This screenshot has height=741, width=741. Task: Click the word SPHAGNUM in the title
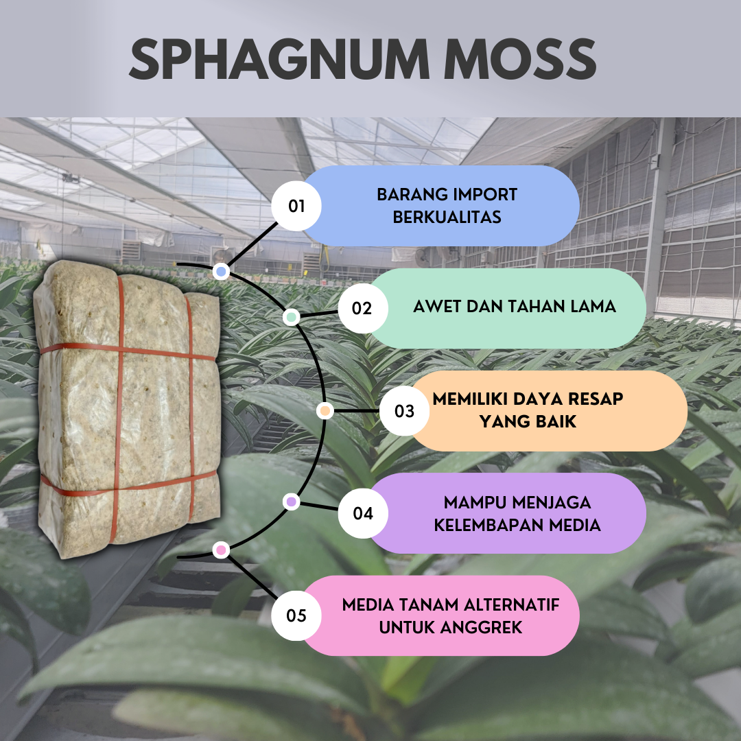tap(279, 59)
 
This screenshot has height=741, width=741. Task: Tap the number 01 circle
tap(296, 206)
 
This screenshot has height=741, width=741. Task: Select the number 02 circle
tap(362, 308)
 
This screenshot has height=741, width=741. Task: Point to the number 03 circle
tap(404, 411)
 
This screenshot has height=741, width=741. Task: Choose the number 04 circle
tap(362, 513)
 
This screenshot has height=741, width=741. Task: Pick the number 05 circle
tap(296, 615)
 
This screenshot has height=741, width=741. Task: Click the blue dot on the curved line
tap(221, 272)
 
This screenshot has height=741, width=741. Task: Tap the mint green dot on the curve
tap(291, 316)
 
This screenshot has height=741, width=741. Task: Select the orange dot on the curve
tap(325, 411)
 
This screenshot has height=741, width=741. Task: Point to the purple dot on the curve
tap(291, 502)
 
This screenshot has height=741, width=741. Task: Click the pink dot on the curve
tap(221, 550)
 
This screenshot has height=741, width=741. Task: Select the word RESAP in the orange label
tap(595, 399)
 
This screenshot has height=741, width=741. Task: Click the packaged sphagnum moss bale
tap(128, 409)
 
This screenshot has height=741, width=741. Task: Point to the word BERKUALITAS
tap(447, 217)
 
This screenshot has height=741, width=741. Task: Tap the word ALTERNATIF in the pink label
tap(512, 604)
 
